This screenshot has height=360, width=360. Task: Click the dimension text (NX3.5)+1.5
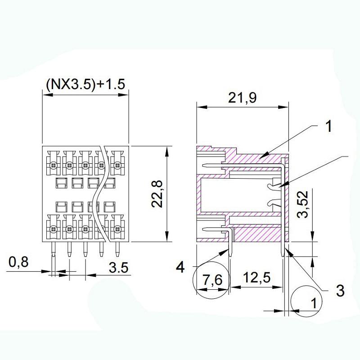[85, 84]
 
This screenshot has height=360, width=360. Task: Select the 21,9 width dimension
[242, 98]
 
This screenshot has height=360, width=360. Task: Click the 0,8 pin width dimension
[18, 262]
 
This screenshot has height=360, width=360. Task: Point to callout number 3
[340, 290]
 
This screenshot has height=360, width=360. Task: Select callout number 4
[180, 267]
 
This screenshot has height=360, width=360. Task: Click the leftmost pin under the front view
[53, 253]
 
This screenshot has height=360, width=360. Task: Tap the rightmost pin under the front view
[118, 253]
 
